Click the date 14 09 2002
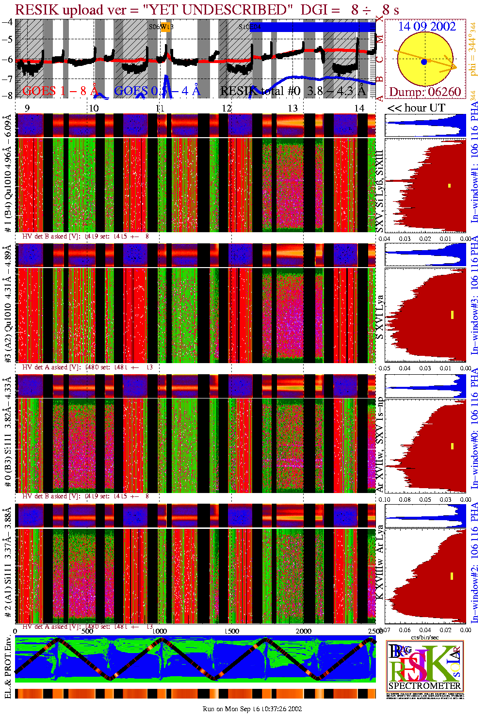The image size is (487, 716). (427, 27)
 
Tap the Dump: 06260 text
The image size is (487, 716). (425, 92)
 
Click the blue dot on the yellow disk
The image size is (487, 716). (424, 62)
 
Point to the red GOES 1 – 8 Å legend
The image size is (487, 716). (60, 91)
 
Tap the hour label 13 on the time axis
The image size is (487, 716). (292, 108)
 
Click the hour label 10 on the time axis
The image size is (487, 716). (94, 108)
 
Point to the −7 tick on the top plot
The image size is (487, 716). (7, 79)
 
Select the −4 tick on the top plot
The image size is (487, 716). (7, 22)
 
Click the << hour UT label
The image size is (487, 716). (416, 108)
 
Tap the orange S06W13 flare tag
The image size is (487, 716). (166, 27)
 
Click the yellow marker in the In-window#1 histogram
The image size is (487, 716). (450, 186)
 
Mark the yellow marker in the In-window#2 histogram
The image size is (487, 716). (452, 576)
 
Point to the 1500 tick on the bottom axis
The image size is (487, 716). (232, 631)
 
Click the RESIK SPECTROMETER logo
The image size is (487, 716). (425, 666)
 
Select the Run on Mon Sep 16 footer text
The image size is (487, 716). (252, 709)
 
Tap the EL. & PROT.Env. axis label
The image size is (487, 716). (7, 668)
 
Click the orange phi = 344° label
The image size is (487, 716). (474, 49)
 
